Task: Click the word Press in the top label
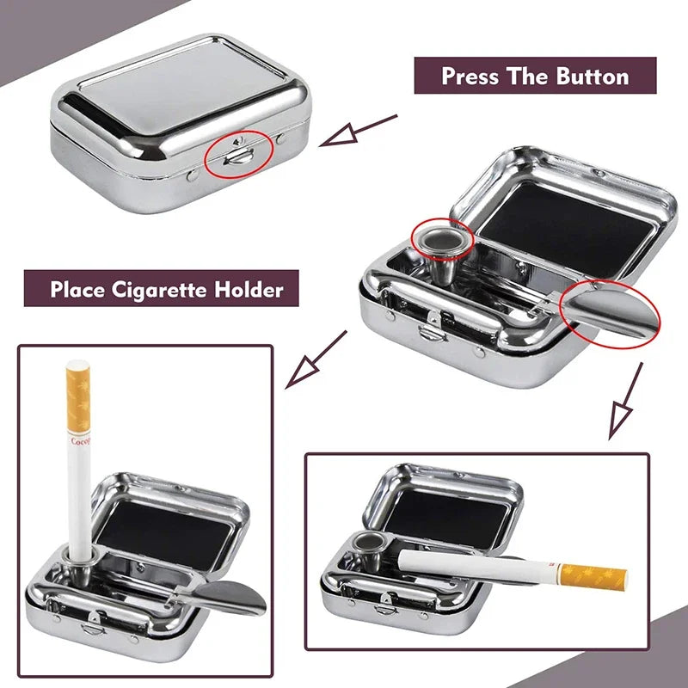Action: tap(471, 76)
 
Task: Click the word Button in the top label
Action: tap(597, 76)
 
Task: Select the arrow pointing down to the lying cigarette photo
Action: tap(626, 400)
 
